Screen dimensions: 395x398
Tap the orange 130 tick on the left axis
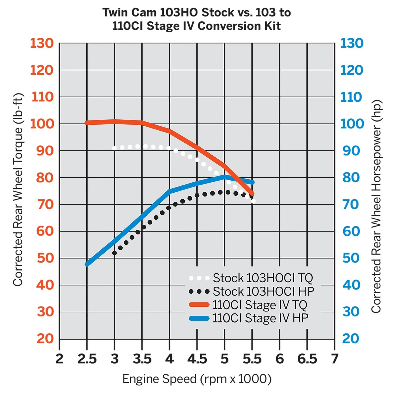tap(42, 43)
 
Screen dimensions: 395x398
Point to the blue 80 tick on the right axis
tap(351, 177)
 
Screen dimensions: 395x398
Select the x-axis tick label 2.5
tap(87, 359)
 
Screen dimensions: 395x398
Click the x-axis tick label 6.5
tap(307, 359)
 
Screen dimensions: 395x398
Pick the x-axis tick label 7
tap(334, 359)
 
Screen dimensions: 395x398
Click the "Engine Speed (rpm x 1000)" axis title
tap(197, 379)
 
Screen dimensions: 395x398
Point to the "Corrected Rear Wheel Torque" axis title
tap(18, 190)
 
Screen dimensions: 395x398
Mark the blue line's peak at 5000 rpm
tap(225, 177)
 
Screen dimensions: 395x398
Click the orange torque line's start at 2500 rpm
tap(87, 123)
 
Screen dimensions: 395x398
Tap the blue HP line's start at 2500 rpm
tap(87, 264)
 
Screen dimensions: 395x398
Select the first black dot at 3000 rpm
tap(115, 253)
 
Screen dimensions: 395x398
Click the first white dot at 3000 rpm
tap(114, 148)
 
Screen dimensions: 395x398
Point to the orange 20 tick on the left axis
tap(45, 339)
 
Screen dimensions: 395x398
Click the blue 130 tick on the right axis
tap(352, 43)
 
